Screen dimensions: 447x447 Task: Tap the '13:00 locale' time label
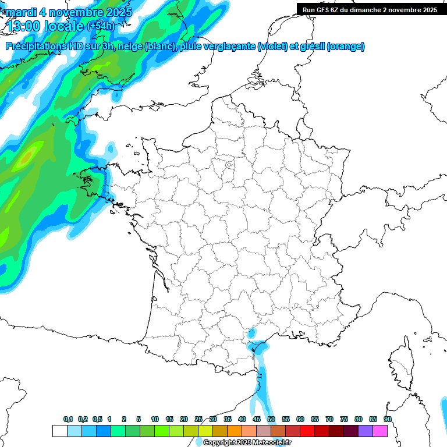[x=45, y=26]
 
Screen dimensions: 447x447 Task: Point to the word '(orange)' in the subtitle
[x=346, y=47]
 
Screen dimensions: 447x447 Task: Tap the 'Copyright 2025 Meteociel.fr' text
[x=247, y=442]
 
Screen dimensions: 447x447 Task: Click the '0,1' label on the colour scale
[x=68, y=419]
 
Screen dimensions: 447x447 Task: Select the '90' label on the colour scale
[x=388, y=419]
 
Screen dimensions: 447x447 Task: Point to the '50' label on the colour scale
[x=271, y=419]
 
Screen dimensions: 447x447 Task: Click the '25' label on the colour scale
[x=198, y=419]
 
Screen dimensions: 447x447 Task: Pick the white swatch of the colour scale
[x=59, y=431]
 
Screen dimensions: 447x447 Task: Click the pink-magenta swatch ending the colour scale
[x=380, y=431]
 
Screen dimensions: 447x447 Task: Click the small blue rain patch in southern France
[x=252, y=334]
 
